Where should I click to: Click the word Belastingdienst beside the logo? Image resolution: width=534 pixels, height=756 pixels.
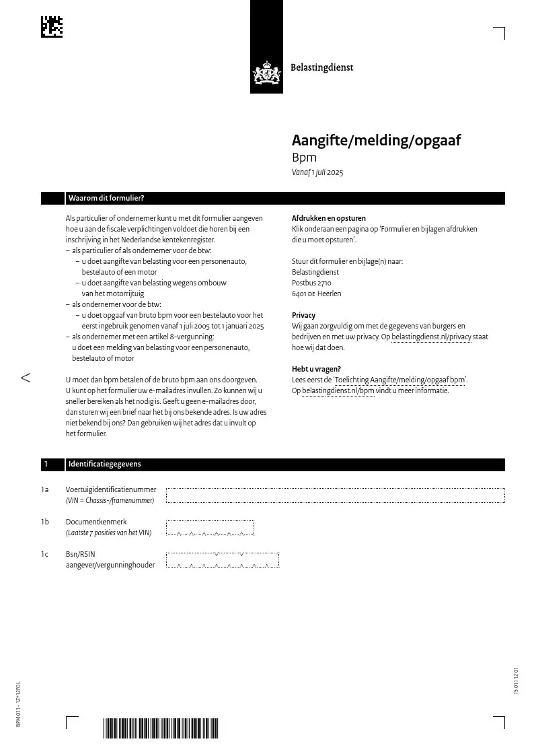pyautogui.click(x=321, y=67)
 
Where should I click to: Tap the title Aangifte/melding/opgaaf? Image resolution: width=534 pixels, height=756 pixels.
pyautogui.click(x=376, y=141)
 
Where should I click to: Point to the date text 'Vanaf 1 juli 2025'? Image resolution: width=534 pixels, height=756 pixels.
pyautogui.click(x=317, y=173)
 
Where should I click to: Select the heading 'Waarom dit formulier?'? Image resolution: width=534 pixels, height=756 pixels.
pyautogui.click(x=106, y=198)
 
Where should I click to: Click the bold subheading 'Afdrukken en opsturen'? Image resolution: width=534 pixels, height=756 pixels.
pyautogui.click(x=329, y=218)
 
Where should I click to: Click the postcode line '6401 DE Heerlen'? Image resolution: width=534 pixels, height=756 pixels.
pyautogui.click(x=316, y=294)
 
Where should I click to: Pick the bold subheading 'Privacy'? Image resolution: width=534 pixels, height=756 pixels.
pyautogui.click(x=303, y=315)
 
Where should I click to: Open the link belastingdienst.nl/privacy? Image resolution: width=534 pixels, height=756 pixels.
pyautogui.click(x=431, y=337)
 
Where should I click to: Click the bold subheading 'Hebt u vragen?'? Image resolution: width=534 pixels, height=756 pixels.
pyautogui.click(x=316, y=369)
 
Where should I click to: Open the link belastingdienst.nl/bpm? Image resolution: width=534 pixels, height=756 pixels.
pyautogui.click(x=338, y=390)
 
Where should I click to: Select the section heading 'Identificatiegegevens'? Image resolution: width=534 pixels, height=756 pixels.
pyautogui.click(x=104, y=464)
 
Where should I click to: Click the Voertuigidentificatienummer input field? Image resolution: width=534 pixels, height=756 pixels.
pyautogui.click(x=335, y=495)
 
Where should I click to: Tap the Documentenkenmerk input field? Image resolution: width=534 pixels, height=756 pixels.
pyautogui.click(x=210, y=527)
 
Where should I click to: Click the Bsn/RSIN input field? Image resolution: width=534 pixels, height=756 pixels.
pyautogui.click(x=222, y=560)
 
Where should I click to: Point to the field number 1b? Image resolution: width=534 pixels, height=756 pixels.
pyautogui.click(x=45, y=522)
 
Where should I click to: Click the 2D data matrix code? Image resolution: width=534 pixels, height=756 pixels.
pyautogui.click(x=52, y=26)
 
